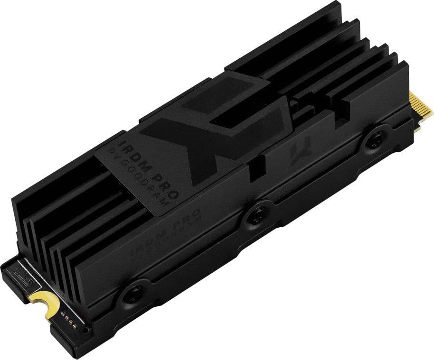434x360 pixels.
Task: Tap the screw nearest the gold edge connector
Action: [375, 139]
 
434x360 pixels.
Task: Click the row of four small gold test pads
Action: [68, 317]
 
